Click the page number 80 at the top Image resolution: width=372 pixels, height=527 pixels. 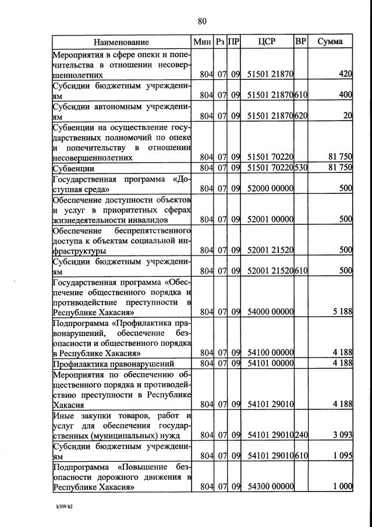click(x=202, y=22)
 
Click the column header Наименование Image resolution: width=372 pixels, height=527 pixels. click(x=121, y=42)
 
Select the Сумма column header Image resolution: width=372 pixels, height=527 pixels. click(x=330, y=42)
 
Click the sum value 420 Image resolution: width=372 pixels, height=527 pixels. click(x=345, y=75)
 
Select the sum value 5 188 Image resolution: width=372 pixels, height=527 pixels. click(x=341, y=312)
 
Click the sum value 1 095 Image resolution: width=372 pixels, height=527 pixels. click(x=341, y=456)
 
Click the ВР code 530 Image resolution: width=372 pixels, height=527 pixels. click(x=301, y=168)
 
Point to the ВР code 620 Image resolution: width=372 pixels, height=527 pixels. click(x=301, y=116)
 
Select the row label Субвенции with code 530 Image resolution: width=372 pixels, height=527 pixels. click(x=74, y=168)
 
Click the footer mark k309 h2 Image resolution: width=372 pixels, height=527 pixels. click(x=64, y=507)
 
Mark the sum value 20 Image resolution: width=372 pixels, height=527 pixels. click(x=348, y=116)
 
